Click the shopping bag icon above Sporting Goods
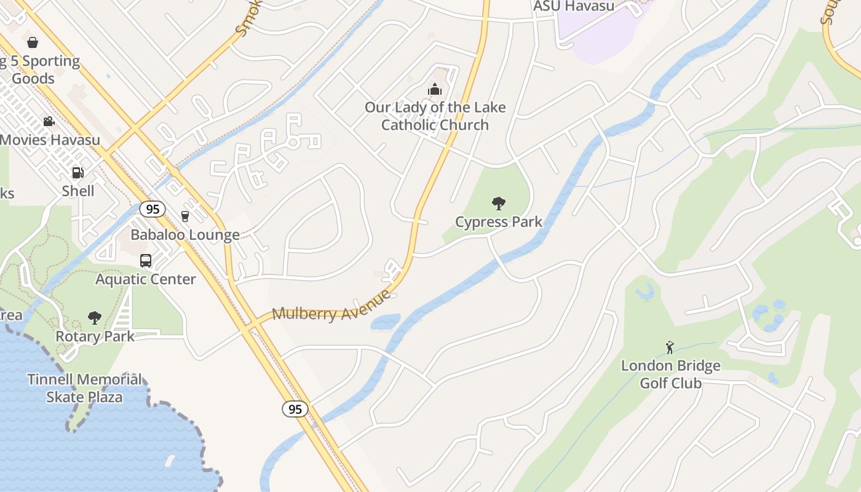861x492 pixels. [33, 42]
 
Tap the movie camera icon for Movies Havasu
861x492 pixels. [49, 121]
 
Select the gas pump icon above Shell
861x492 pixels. [77, 173]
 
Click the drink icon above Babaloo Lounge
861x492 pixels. [185, 216]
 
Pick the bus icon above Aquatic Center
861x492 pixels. [146, 261]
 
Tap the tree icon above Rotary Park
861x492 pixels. [94, 318]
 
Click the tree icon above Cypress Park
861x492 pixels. [499, 203]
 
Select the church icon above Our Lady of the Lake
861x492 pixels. [435, 90]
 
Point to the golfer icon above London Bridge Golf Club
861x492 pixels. [670, 347]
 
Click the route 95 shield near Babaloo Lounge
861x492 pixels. [153, 209]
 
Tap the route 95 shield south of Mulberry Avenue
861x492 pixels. [295, 409]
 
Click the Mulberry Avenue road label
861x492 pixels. [331, 306]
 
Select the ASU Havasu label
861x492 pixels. [574, 6]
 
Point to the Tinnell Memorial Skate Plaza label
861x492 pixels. [84, 388]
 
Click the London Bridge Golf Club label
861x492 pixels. [670, 375]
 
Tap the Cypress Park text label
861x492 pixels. [499, 221]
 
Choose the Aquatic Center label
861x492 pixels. [146, 279]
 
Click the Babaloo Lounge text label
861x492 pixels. [185, 235]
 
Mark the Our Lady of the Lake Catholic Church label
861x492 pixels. [435, 116]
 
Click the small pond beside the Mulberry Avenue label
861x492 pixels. [385, 322]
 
